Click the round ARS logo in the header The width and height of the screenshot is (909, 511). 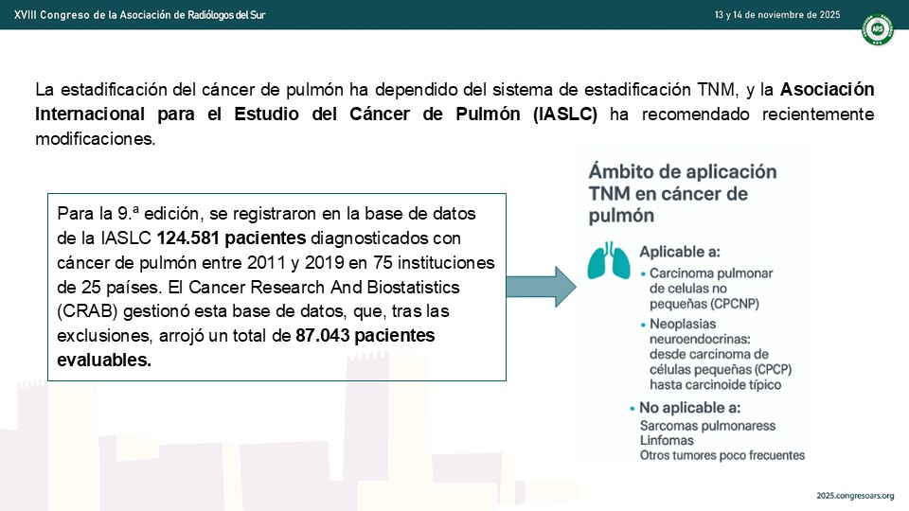coord(878,29)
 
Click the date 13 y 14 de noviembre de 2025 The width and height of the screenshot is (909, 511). coord(776,15)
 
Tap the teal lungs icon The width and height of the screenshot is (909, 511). coord(609,261)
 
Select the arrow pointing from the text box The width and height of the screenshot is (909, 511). coord(541,287)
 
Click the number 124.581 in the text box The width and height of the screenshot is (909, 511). coord(190,238)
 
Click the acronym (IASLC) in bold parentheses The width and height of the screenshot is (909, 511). coord(564,115)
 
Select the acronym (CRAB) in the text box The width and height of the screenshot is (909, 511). coord(87,311)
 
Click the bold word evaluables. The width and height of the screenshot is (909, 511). coord(104,360)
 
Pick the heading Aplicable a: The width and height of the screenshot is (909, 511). coord(680,252)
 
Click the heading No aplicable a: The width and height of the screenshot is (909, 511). coord(689,408)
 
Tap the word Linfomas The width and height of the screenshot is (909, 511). coord(667,440)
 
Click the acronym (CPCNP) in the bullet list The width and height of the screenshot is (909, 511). coord(731,304)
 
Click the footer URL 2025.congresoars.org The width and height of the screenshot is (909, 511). coord(855,496)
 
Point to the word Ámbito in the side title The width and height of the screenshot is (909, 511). coord(623,171)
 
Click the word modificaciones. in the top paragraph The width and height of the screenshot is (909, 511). coord(96,139)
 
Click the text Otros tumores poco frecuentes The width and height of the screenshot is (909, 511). coord(722,455)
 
